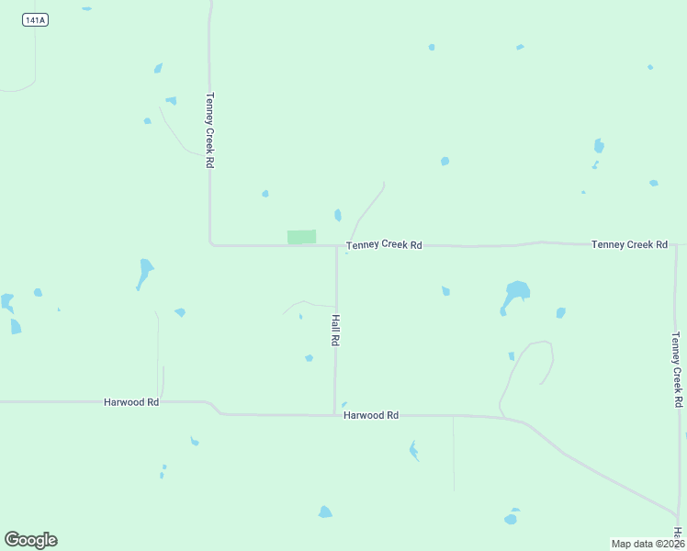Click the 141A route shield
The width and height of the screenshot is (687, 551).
tap(35, 19)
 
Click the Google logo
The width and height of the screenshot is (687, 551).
tap(30, 540)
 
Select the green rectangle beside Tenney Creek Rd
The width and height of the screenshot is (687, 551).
tap(301, 237)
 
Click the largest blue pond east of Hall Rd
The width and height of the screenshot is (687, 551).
tap(515, 294)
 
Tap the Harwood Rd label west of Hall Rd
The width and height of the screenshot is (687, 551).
tap(131, 402)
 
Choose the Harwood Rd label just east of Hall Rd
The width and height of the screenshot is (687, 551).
tap(371, 415)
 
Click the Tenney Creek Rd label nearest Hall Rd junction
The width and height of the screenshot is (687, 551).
tap(384, 245)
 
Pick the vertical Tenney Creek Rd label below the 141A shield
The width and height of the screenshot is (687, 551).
tap(210, 129)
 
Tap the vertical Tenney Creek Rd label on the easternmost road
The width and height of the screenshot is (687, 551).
tap(676, 369)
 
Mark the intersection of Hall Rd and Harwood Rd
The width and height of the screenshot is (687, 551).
tap(335, 415)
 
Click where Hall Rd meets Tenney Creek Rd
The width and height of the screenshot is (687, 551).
tap(336, 245)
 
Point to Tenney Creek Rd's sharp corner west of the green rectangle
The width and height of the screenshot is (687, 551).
tap(211, 244)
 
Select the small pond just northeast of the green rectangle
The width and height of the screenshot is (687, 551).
tap(338, 215)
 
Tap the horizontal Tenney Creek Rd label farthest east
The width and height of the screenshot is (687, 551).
tap(629, 244)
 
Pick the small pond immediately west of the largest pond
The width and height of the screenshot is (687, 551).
tap(445, 291)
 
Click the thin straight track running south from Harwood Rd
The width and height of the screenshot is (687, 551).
tap(454, 455)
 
